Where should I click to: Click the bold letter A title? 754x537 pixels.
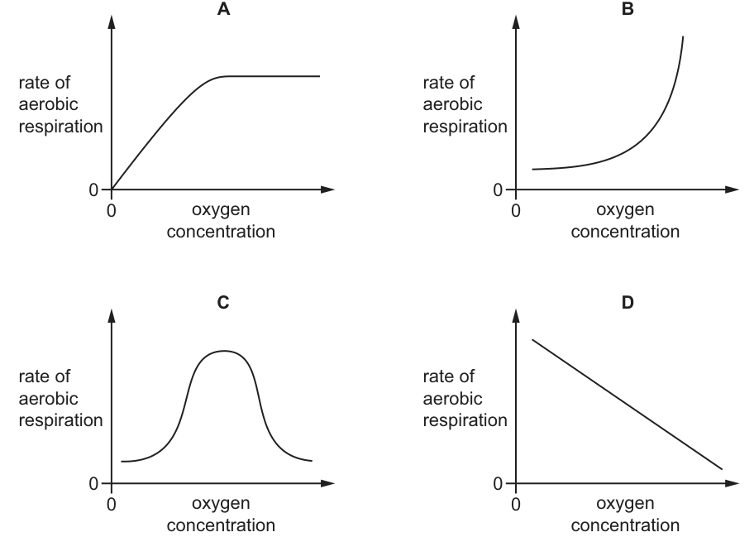coord(223,8)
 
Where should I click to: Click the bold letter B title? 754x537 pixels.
coord(628,8)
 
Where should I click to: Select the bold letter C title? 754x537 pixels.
coord(223,302)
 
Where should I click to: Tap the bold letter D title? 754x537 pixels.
coord(628,302)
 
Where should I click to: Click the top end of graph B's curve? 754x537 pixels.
coord(683,36)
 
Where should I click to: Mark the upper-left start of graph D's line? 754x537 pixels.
coord(532,340)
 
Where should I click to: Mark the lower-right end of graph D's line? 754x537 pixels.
coord(722,468)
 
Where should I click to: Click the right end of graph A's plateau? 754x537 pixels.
coord(319,76)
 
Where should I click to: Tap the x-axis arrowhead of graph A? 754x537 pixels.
coord(327,189)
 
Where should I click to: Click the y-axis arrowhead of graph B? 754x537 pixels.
coord(516,22)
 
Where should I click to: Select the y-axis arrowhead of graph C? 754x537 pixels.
coord(112,315)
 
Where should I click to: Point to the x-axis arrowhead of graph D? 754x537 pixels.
coord(732,483)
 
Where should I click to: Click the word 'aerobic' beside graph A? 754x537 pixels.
coord(48,104)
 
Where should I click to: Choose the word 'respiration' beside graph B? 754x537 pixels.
coord(465,127)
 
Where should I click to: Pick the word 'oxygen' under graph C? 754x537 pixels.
coord(221,504)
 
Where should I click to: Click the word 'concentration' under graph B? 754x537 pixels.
coord(625,232)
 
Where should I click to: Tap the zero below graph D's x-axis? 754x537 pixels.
coord(516,505)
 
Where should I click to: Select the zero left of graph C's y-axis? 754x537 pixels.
coord(93,483)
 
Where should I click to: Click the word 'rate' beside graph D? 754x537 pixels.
coord(438,376)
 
